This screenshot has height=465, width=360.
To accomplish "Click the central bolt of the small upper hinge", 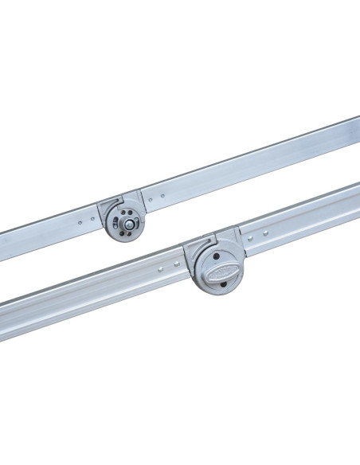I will point(128,225).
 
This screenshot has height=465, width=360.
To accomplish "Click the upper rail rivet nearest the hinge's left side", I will point(92,217).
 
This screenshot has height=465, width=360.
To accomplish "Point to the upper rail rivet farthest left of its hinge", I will point(80,221).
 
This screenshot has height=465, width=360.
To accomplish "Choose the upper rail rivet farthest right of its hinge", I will point(163,194).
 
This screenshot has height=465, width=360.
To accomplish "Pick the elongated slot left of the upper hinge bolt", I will point(117,222).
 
